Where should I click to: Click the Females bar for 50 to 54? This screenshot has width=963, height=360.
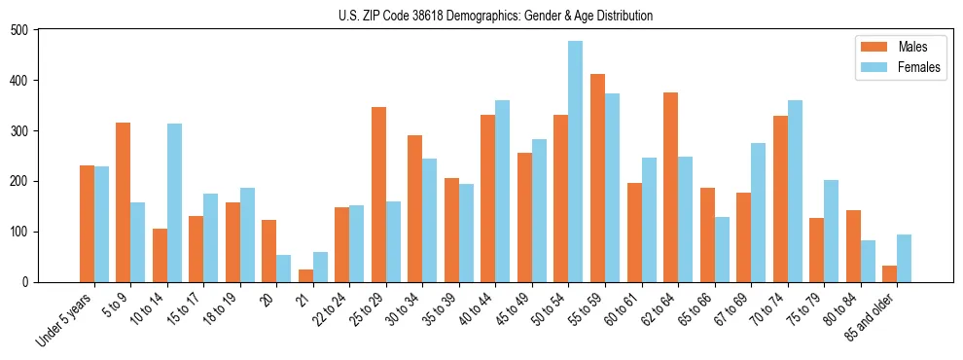[576, 162]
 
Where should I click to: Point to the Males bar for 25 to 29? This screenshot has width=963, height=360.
[378, 195]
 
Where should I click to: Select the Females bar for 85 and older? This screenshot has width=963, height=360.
[904, 258]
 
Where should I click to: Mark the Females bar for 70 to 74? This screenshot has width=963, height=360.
[795, 191]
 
